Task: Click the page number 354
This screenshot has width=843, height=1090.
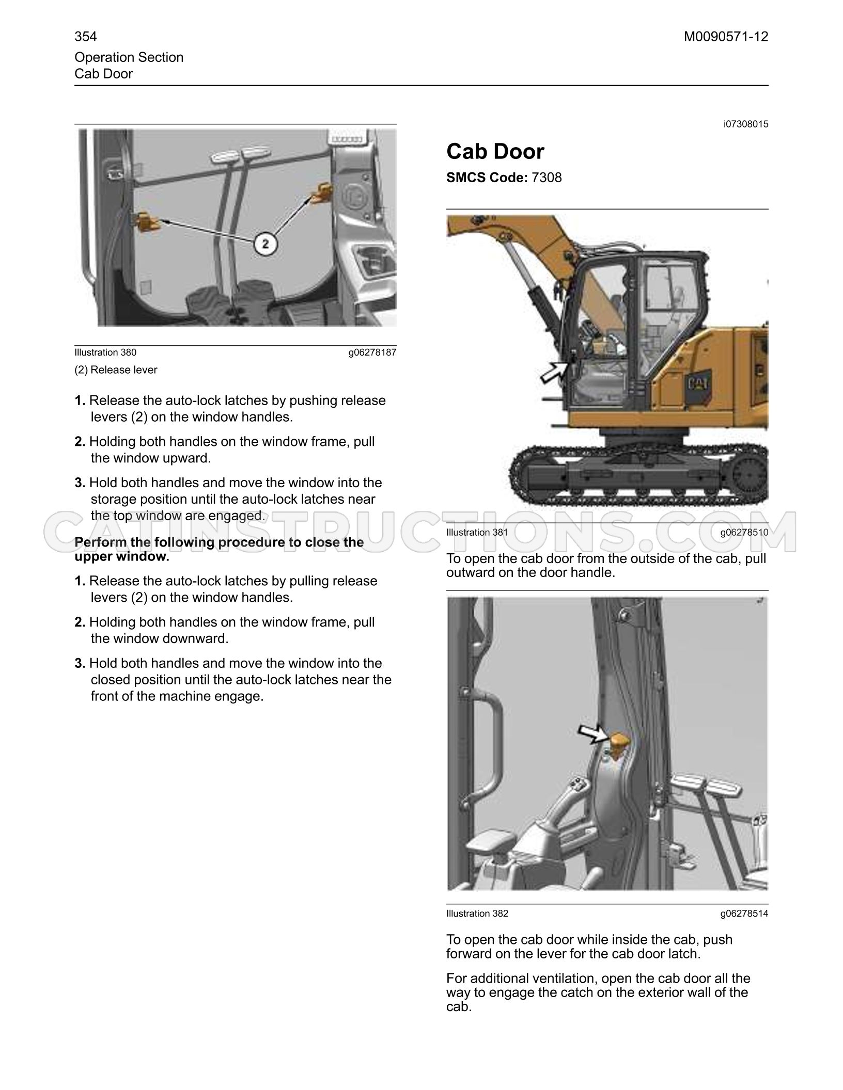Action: [x=86, y=37]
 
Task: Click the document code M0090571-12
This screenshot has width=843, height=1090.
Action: [x=726, y=37]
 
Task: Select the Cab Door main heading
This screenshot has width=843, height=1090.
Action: [x=495, y=152]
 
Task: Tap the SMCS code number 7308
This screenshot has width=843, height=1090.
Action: [x=547, y=178]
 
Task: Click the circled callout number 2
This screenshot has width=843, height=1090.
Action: [x=266, y=244]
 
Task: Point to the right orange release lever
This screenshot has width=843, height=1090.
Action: [x=320, y=193]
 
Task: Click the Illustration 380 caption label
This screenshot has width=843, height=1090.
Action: [x=105, y=352]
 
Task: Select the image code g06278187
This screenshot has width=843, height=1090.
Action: [x=372, y=352]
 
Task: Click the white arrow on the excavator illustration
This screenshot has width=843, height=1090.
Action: [x=554, y=371]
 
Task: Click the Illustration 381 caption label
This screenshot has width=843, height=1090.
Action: [x=477, y=532]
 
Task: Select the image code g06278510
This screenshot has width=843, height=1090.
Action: [x=744, y=532]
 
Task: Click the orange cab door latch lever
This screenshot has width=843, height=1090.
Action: [x=618, y=743]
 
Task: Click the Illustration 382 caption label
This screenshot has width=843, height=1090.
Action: [x=477, y=913]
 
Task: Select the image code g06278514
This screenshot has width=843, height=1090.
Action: [x=744, y=913]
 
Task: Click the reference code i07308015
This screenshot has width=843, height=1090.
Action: [x=746, y=124]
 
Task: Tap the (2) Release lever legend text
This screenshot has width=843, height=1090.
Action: [x=116, y=370]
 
